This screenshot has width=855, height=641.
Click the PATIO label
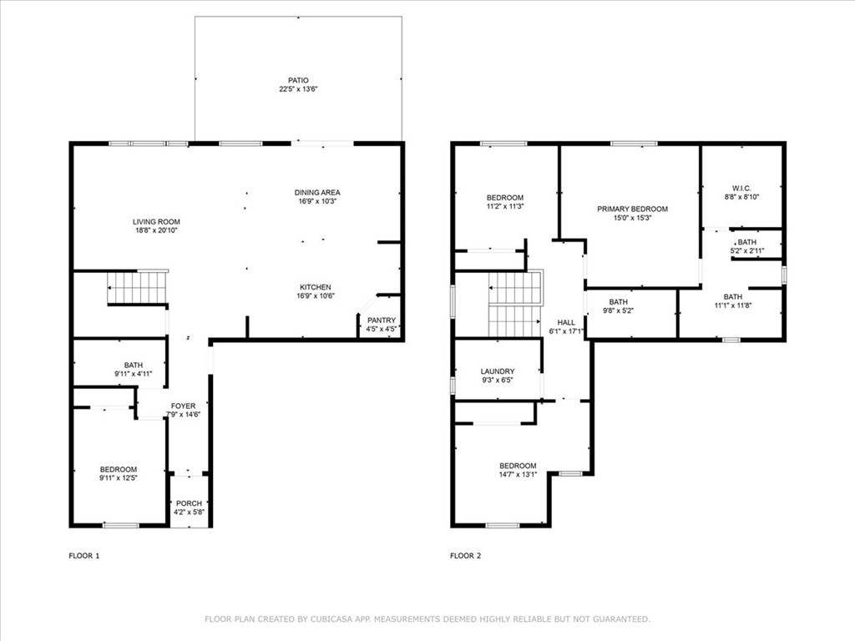298,80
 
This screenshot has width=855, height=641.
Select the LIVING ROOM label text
156,222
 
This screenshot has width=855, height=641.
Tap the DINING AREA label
319,192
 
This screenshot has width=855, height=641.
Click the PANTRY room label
382,320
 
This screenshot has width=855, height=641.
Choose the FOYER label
183,406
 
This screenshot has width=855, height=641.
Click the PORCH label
189,503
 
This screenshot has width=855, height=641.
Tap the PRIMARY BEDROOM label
632,209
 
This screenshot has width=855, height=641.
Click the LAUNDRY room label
498,371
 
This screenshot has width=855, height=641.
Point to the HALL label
566,322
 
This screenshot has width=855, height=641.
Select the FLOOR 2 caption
465,555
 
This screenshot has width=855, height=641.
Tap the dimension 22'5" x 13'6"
298,88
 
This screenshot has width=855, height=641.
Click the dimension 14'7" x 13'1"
518,474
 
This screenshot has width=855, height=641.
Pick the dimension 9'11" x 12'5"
119,477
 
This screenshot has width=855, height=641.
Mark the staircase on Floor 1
138,287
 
